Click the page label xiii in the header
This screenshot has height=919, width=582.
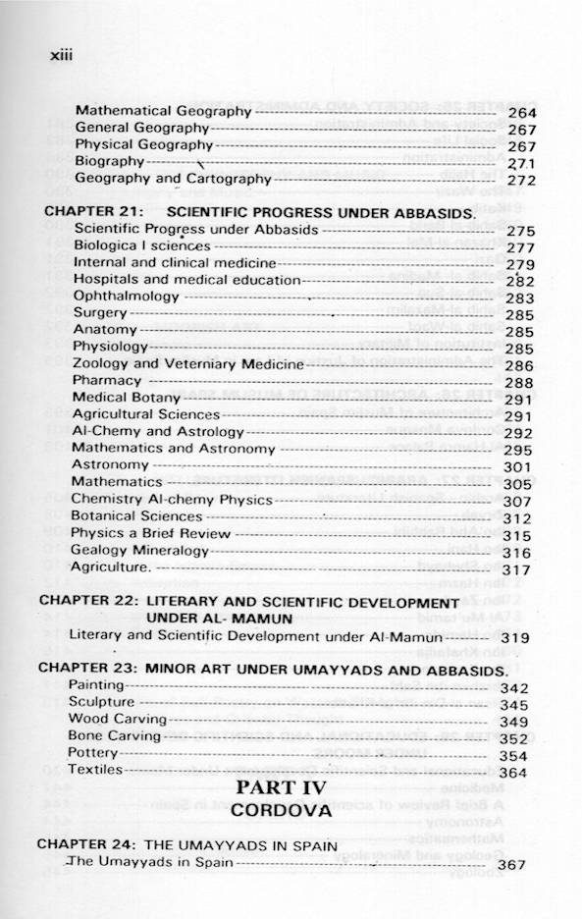61,55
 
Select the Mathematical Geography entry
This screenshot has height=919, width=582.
163,111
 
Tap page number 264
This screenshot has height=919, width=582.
522,113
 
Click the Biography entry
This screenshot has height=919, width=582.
109,161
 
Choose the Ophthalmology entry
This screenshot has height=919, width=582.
126,296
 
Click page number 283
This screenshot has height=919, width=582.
519,298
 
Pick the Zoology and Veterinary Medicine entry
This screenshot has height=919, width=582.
188,363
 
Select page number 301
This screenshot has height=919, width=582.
517,466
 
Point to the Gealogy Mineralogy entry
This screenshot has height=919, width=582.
139,551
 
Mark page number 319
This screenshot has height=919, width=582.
515,638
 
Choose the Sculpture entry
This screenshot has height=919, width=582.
101,703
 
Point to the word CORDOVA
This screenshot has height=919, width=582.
291,812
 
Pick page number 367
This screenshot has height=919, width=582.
512,865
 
